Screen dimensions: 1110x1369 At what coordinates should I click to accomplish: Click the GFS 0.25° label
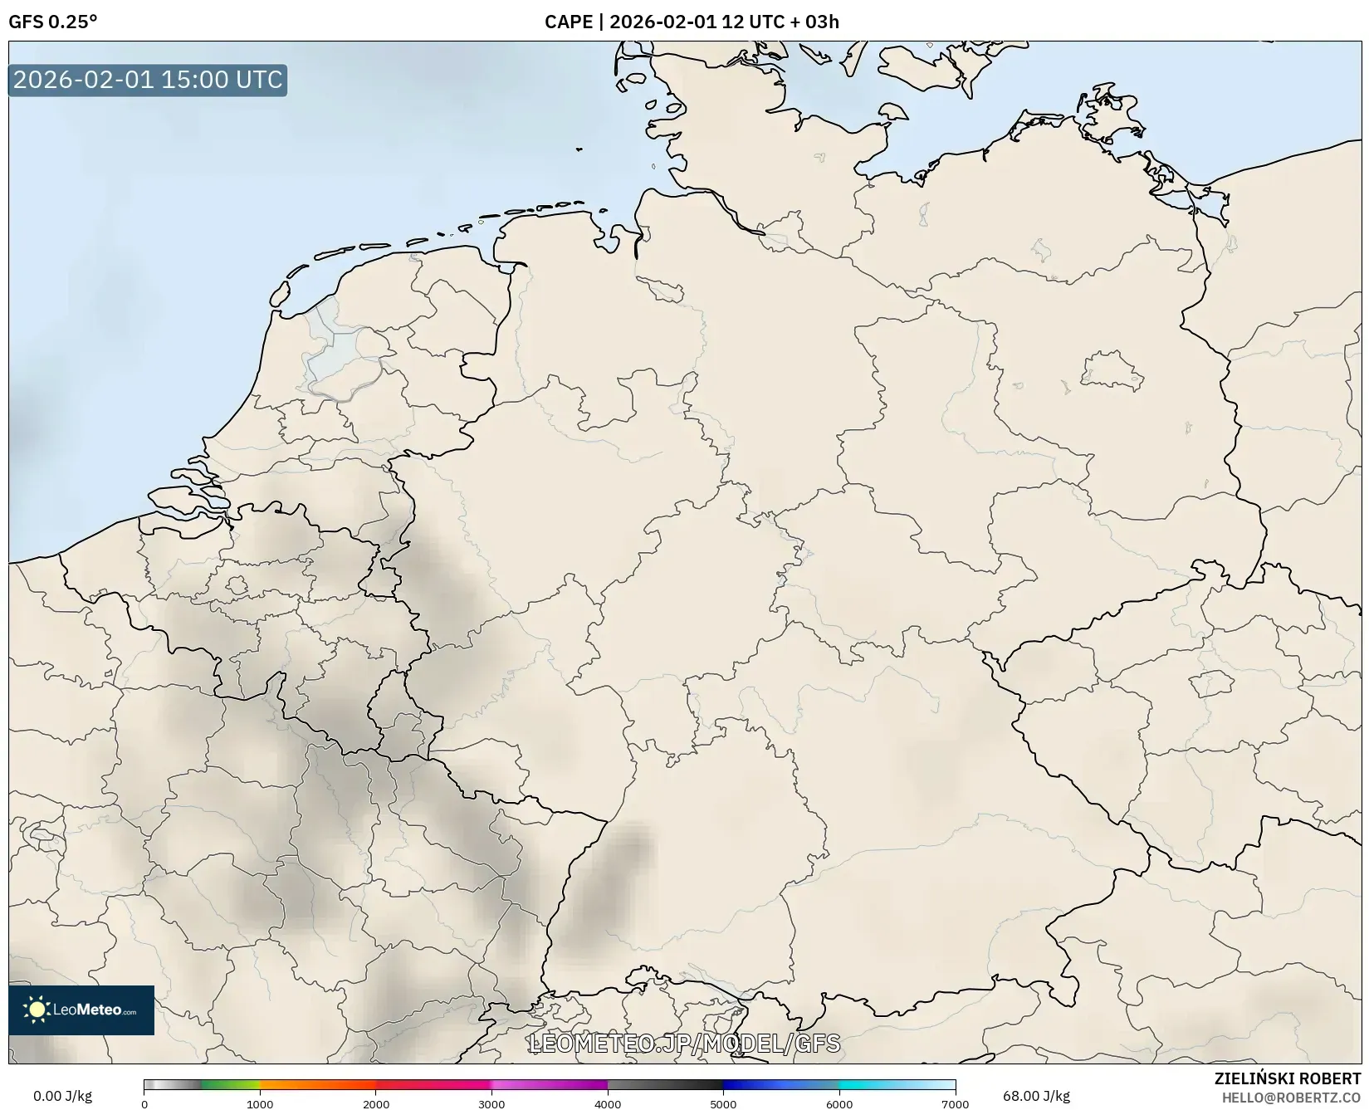52,22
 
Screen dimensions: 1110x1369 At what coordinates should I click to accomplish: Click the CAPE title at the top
691,22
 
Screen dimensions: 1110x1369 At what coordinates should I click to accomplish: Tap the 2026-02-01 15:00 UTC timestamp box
148,80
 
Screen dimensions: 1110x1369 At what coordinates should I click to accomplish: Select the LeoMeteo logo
81,1010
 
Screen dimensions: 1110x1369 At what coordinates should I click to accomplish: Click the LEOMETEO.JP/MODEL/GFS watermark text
684,1044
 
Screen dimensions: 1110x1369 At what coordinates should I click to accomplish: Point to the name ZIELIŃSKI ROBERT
1288,1078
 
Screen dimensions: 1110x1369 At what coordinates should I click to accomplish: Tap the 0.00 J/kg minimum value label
62,1096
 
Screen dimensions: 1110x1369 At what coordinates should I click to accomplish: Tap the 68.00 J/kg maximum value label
1036,1096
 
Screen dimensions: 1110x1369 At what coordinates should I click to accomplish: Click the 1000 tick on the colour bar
260,1103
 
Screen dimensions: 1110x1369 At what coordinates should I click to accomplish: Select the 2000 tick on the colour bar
376,1103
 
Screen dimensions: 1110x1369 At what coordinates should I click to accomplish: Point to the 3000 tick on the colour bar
491,1103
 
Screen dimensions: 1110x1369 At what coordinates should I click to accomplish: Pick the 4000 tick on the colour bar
608,1103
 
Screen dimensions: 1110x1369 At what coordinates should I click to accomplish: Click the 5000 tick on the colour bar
723,1103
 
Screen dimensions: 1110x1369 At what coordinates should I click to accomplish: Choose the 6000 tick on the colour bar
839,1103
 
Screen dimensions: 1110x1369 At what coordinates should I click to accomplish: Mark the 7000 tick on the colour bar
955,1103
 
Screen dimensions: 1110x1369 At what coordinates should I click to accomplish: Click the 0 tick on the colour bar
144,1103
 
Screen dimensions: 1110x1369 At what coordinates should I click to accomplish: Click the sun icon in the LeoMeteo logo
37,1010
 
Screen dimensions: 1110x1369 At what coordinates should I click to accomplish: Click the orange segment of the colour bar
315,1084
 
